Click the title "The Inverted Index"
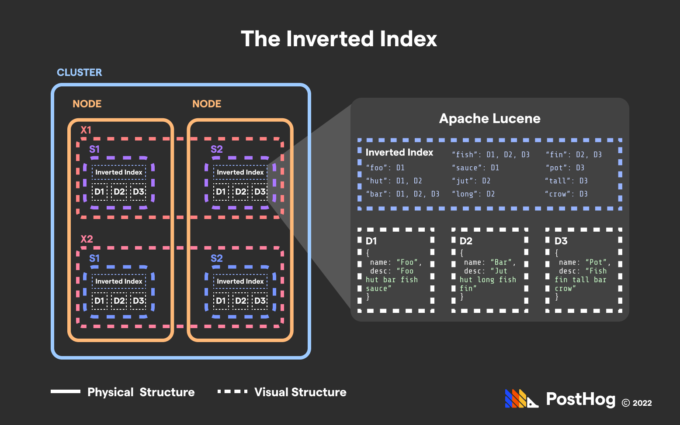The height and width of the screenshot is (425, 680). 339,39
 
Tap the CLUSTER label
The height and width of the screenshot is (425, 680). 79,72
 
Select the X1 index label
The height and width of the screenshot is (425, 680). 86,130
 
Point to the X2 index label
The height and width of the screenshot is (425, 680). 87,239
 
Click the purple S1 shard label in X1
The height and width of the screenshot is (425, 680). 94,149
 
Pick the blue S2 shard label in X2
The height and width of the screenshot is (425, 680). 216,258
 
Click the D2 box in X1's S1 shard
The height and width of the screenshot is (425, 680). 119,192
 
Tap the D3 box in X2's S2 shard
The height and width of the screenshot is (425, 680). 260,301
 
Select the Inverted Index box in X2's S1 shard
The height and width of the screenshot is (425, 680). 119,281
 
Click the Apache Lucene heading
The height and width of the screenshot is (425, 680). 489,119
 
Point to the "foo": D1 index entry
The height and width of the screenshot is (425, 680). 385,168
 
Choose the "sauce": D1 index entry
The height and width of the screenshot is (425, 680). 475,168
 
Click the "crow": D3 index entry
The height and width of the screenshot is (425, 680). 566,194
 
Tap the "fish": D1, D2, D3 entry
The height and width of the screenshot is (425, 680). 490,154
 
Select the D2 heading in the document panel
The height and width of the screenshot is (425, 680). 466,241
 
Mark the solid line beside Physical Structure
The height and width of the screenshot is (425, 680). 66,391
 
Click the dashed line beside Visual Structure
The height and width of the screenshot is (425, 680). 232,391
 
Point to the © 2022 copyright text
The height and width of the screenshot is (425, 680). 636,403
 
